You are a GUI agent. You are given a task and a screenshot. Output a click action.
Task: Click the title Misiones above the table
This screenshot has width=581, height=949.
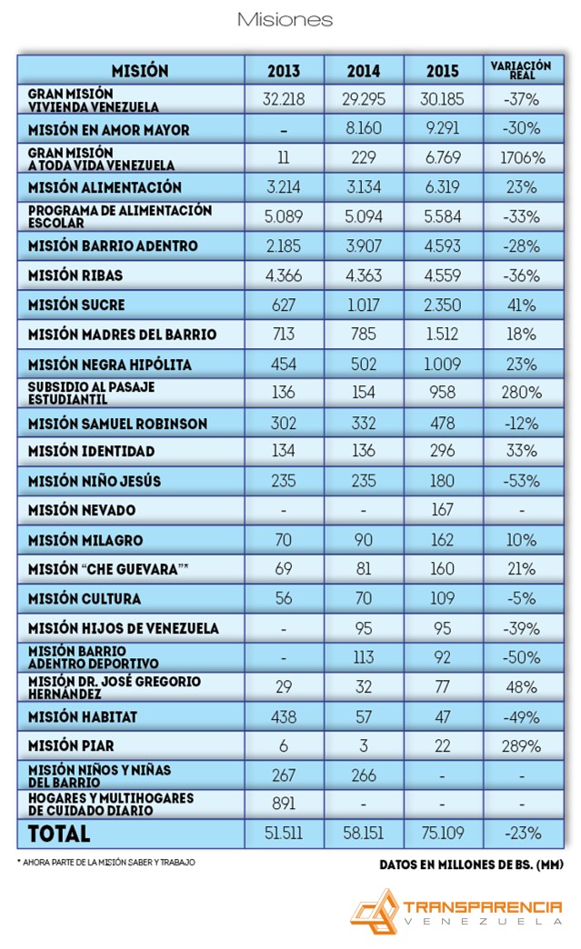pyautogui.click(x=285, y=20)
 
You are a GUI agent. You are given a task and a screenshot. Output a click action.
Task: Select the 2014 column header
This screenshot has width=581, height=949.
pyautogui.click(x=363, y=71)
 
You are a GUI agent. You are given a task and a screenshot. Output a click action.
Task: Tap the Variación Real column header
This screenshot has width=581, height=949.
pyautogui.click(x=521, y=70)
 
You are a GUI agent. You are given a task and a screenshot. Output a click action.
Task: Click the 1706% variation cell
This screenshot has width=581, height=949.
pyautogui.click(x=522, y=158)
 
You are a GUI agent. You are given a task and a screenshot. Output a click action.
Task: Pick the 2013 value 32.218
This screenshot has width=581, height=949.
pyautogui.click(x=284, y=99)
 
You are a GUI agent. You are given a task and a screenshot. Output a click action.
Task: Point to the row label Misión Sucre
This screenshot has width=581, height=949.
pyautogui.click(x=76, y=305)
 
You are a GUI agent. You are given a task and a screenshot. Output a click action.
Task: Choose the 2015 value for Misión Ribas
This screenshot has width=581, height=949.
pyautogui.click(x=443, y=276)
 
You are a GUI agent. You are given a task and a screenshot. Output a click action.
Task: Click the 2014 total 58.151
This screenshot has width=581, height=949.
pyautogui.click(x=363, y=834)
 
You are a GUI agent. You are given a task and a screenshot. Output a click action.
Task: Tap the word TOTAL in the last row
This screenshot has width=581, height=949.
pyautogui.click(x=59, y=834)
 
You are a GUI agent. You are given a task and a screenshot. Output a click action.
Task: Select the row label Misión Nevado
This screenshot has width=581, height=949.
pyautogui.click(x=82, y=510)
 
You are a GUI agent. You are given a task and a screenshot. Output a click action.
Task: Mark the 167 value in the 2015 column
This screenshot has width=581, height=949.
pyautogui.click(x=443, y=510)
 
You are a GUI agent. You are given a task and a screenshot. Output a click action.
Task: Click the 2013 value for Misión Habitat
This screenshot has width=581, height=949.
pyautogui.click(x=284, y=717)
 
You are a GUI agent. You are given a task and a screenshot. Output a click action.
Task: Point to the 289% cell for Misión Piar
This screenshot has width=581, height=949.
pyautogui.click(x=521, y=746)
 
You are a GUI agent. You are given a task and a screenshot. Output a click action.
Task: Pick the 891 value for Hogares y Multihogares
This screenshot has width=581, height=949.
pyautogui.click(x=284, y=804)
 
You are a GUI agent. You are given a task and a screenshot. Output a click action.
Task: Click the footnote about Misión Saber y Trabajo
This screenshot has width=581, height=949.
pyautogui.click(x=105, y=863)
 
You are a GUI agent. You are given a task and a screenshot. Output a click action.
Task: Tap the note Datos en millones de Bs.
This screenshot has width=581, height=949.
pyautogui.click(x=472, y=864)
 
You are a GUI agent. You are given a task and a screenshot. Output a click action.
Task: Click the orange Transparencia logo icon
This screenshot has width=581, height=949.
pyautogui.click(x=375, y=911)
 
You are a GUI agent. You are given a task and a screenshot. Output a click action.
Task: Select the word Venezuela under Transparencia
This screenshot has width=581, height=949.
pyautogui.click(x=483, y=922)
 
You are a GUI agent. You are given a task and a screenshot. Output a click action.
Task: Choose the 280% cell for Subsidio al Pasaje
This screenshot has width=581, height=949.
pyautogui.click(x=521, y=393)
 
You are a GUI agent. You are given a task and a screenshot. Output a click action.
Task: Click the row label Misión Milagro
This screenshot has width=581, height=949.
pyautogui.click(x=85, y=541)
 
